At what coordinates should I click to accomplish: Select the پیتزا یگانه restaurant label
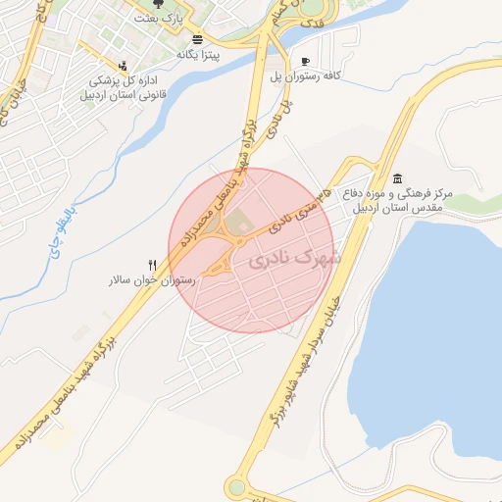198,55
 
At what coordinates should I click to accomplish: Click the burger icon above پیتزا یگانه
199,39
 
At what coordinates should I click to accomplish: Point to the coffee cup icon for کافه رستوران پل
307,60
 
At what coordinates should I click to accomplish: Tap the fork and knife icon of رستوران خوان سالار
152,265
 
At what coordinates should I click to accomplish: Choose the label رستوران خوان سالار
153,280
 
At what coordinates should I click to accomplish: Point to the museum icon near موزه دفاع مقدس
397,178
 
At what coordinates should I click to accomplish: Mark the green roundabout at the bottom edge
236,487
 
